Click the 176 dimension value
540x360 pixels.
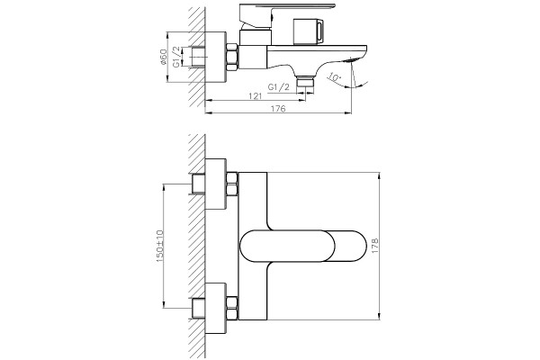click(278, 109)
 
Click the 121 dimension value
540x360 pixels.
click(256, 96)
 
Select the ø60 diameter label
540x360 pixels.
click(163, 58)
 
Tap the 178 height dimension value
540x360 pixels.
click(374, 246)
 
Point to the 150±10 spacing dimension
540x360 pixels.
click(159, 246)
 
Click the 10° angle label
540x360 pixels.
click(334, 76)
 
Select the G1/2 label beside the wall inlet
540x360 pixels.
click(176, 57)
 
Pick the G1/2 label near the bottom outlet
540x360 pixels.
click(279, 87)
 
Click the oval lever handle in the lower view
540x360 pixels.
click(303, 246)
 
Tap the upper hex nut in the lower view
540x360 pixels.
click(231, 184)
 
